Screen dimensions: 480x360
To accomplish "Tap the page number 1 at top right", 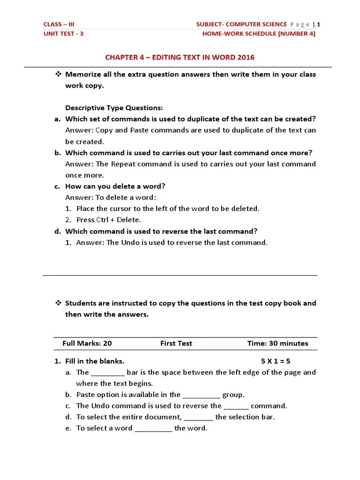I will tap(319, 24).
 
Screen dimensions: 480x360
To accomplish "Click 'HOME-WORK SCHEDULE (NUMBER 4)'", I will tap(259, 34).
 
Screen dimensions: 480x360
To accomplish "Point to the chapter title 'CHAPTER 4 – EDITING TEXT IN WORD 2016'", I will tap(180, 58).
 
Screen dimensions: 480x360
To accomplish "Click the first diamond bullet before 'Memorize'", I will tap(59, 74).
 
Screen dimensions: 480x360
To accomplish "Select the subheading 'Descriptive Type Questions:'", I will tap(114, 108).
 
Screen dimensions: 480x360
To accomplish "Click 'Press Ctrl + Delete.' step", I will tap(108, 220).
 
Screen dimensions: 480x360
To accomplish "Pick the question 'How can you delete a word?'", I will tap(115, 186).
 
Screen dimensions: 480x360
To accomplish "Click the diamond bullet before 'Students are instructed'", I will tap(59, 303).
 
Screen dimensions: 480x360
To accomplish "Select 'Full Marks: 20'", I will tap(87, 343).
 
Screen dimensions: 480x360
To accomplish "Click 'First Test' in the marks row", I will tap(176, 343).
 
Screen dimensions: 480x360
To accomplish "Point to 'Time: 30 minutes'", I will tap(277, 343).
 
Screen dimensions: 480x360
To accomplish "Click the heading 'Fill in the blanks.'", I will tap(95, 361).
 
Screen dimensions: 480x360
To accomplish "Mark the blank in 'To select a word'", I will tap(153, 429).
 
